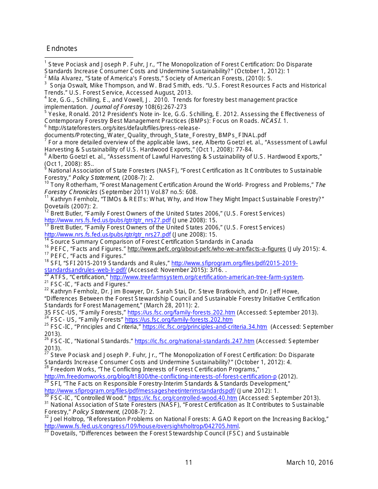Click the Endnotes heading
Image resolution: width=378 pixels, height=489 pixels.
(x=62, y=49)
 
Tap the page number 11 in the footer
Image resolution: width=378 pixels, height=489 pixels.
(x=189, y=462)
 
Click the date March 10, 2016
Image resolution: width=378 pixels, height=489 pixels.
(x=310, y=462)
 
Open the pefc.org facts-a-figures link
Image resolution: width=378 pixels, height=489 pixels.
(x=206, y=249)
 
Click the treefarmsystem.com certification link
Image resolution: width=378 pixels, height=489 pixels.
(x=206, y=277)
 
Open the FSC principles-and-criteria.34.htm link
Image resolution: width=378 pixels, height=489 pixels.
(x=205, y=327)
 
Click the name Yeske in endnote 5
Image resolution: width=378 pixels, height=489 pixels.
(x=56, y=114)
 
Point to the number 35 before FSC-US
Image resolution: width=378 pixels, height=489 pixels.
(x=48, y=312)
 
